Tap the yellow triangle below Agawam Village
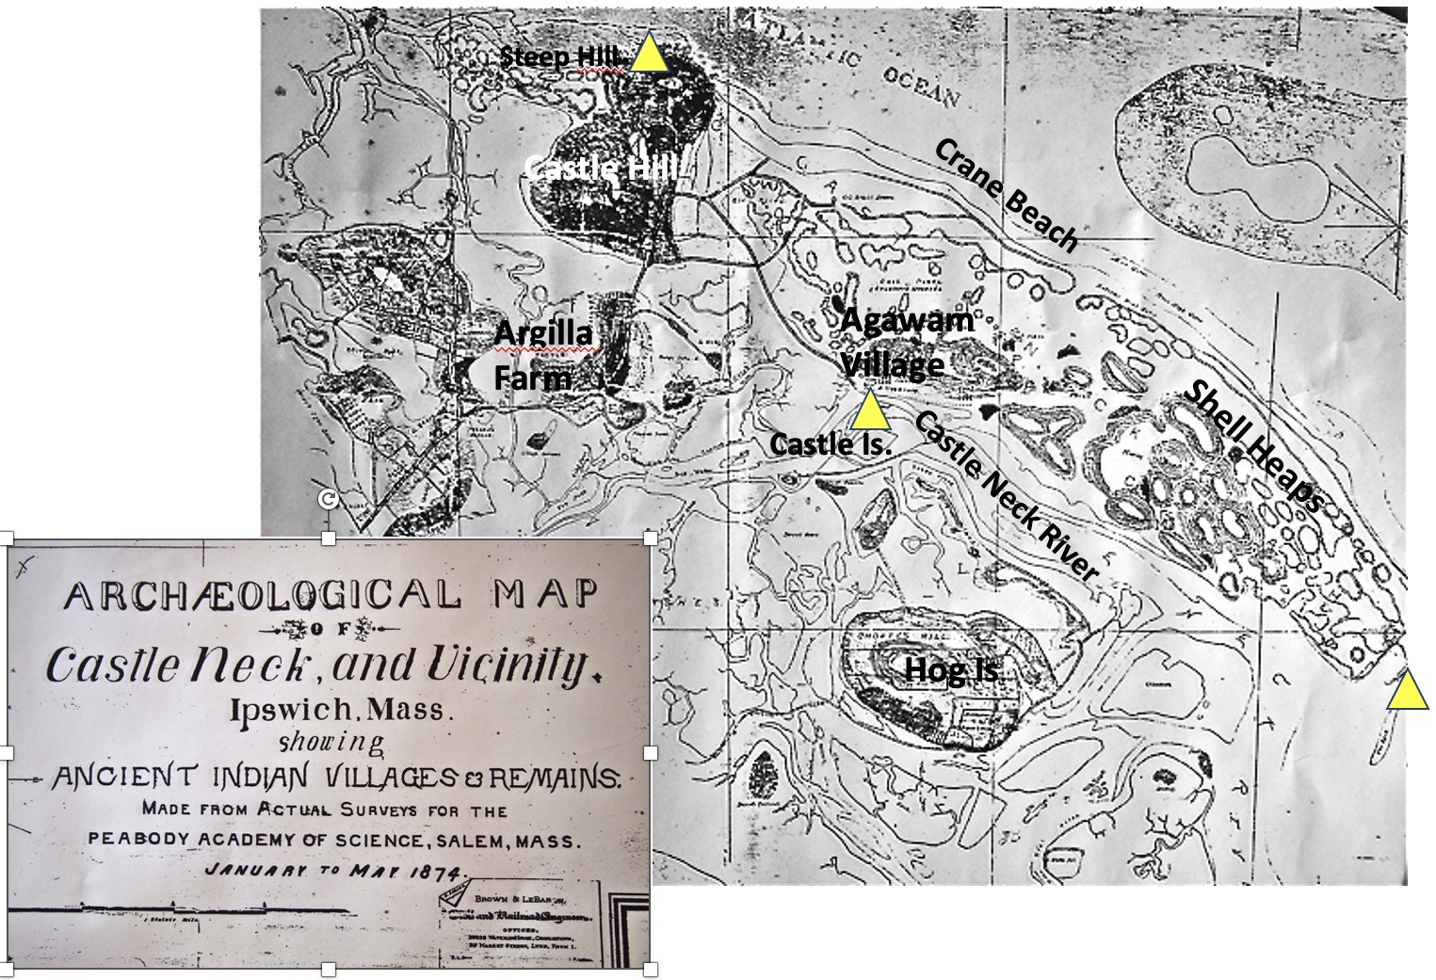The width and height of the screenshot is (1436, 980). pyautogui.click(x=870, y=410)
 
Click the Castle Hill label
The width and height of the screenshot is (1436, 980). pyautogui.click(x=601, y=169)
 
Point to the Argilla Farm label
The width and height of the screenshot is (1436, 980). pyautogui.click(x=544, y=356)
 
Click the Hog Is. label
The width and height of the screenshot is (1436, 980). pyautogui.click(x=952, y=670)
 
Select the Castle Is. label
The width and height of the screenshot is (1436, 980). pyautogui.click(x=831, y=443)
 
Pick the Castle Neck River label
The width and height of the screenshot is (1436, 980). pyautogui.click(x=1006, y=496)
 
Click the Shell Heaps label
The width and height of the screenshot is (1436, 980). pyautogui.click(x=1255, y=447)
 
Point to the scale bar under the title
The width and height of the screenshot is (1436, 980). pyautogui.click(x=179, y=910)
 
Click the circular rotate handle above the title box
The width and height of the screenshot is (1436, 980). pyautogui.click(x=327, y=500)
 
